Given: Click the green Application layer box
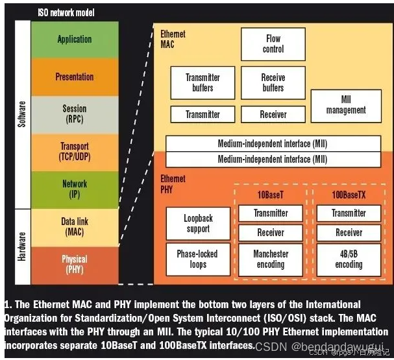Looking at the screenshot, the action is coord(74,40).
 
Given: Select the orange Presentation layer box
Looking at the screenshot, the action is coord(74,77).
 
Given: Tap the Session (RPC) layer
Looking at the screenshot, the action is coord(74,114).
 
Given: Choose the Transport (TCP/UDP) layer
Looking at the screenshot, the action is coord(74,152).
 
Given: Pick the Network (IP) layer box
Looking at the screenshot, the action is coord(74,189).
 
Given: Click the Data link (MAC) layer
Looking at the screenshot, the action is coord(74,226).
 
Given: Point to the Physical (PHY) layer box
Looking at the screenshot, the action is coord(74,264).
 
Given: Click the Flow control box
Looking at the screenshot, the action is coord(273,44).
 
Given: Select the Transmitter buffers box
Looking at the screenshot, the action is coord(203,83).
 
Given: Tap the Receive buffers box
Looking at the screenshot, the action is coord(273,83).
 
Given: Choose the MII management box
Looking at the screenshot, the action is coord(346,105).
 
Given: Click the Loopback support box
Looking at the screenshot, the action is coord(198,224).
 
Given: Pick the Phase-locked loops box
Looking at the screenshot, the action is coord(198,259).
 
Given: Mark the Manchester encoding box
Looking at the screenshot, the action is coord(270,259).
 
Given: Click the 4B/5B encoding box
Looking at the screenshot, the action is coord(349,259).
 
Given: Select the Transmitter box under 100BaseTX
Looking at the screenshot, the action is coord(349,213).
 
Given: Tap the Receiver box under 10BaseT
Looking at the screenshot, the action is coord(270,232).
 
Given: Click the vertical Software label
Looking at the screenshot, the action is coord(21,114).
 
